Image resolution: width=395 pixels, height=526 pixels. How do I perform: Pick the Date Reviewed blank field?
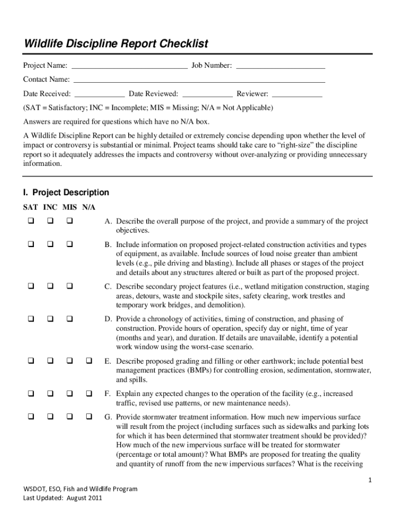(x=207, y=95)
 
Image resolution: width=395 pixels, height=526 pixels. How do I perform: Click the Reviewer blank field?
(x=297, y=95)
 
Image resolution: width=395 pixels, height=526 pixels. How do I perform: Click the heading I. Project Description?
(x=66, y=193)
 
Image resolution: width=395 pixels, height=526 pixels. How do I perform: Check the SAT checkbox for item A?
(x=30, y=221)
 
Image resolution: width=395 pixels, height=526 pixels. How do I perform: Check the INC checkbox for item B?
(x=50, y=244)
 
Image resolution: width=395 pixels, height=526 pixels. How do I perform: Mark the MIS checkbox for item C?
(x=69, y=286)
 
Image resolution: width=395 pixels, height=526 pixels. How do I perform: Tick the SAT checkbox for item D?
(x=30, y=319)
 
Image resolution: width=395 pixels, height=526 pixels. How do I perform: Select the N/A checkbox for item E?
(x=89, y=361)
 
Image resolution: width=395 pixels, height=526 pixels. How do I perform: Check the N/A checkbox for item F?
(x=89, y=394)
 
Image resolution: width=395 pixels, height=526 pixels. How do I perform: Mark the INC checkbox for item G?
(x=50, y=417)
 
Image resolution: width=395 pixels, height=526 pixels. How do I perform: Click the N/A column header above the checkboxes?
(x=89, y=207)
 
